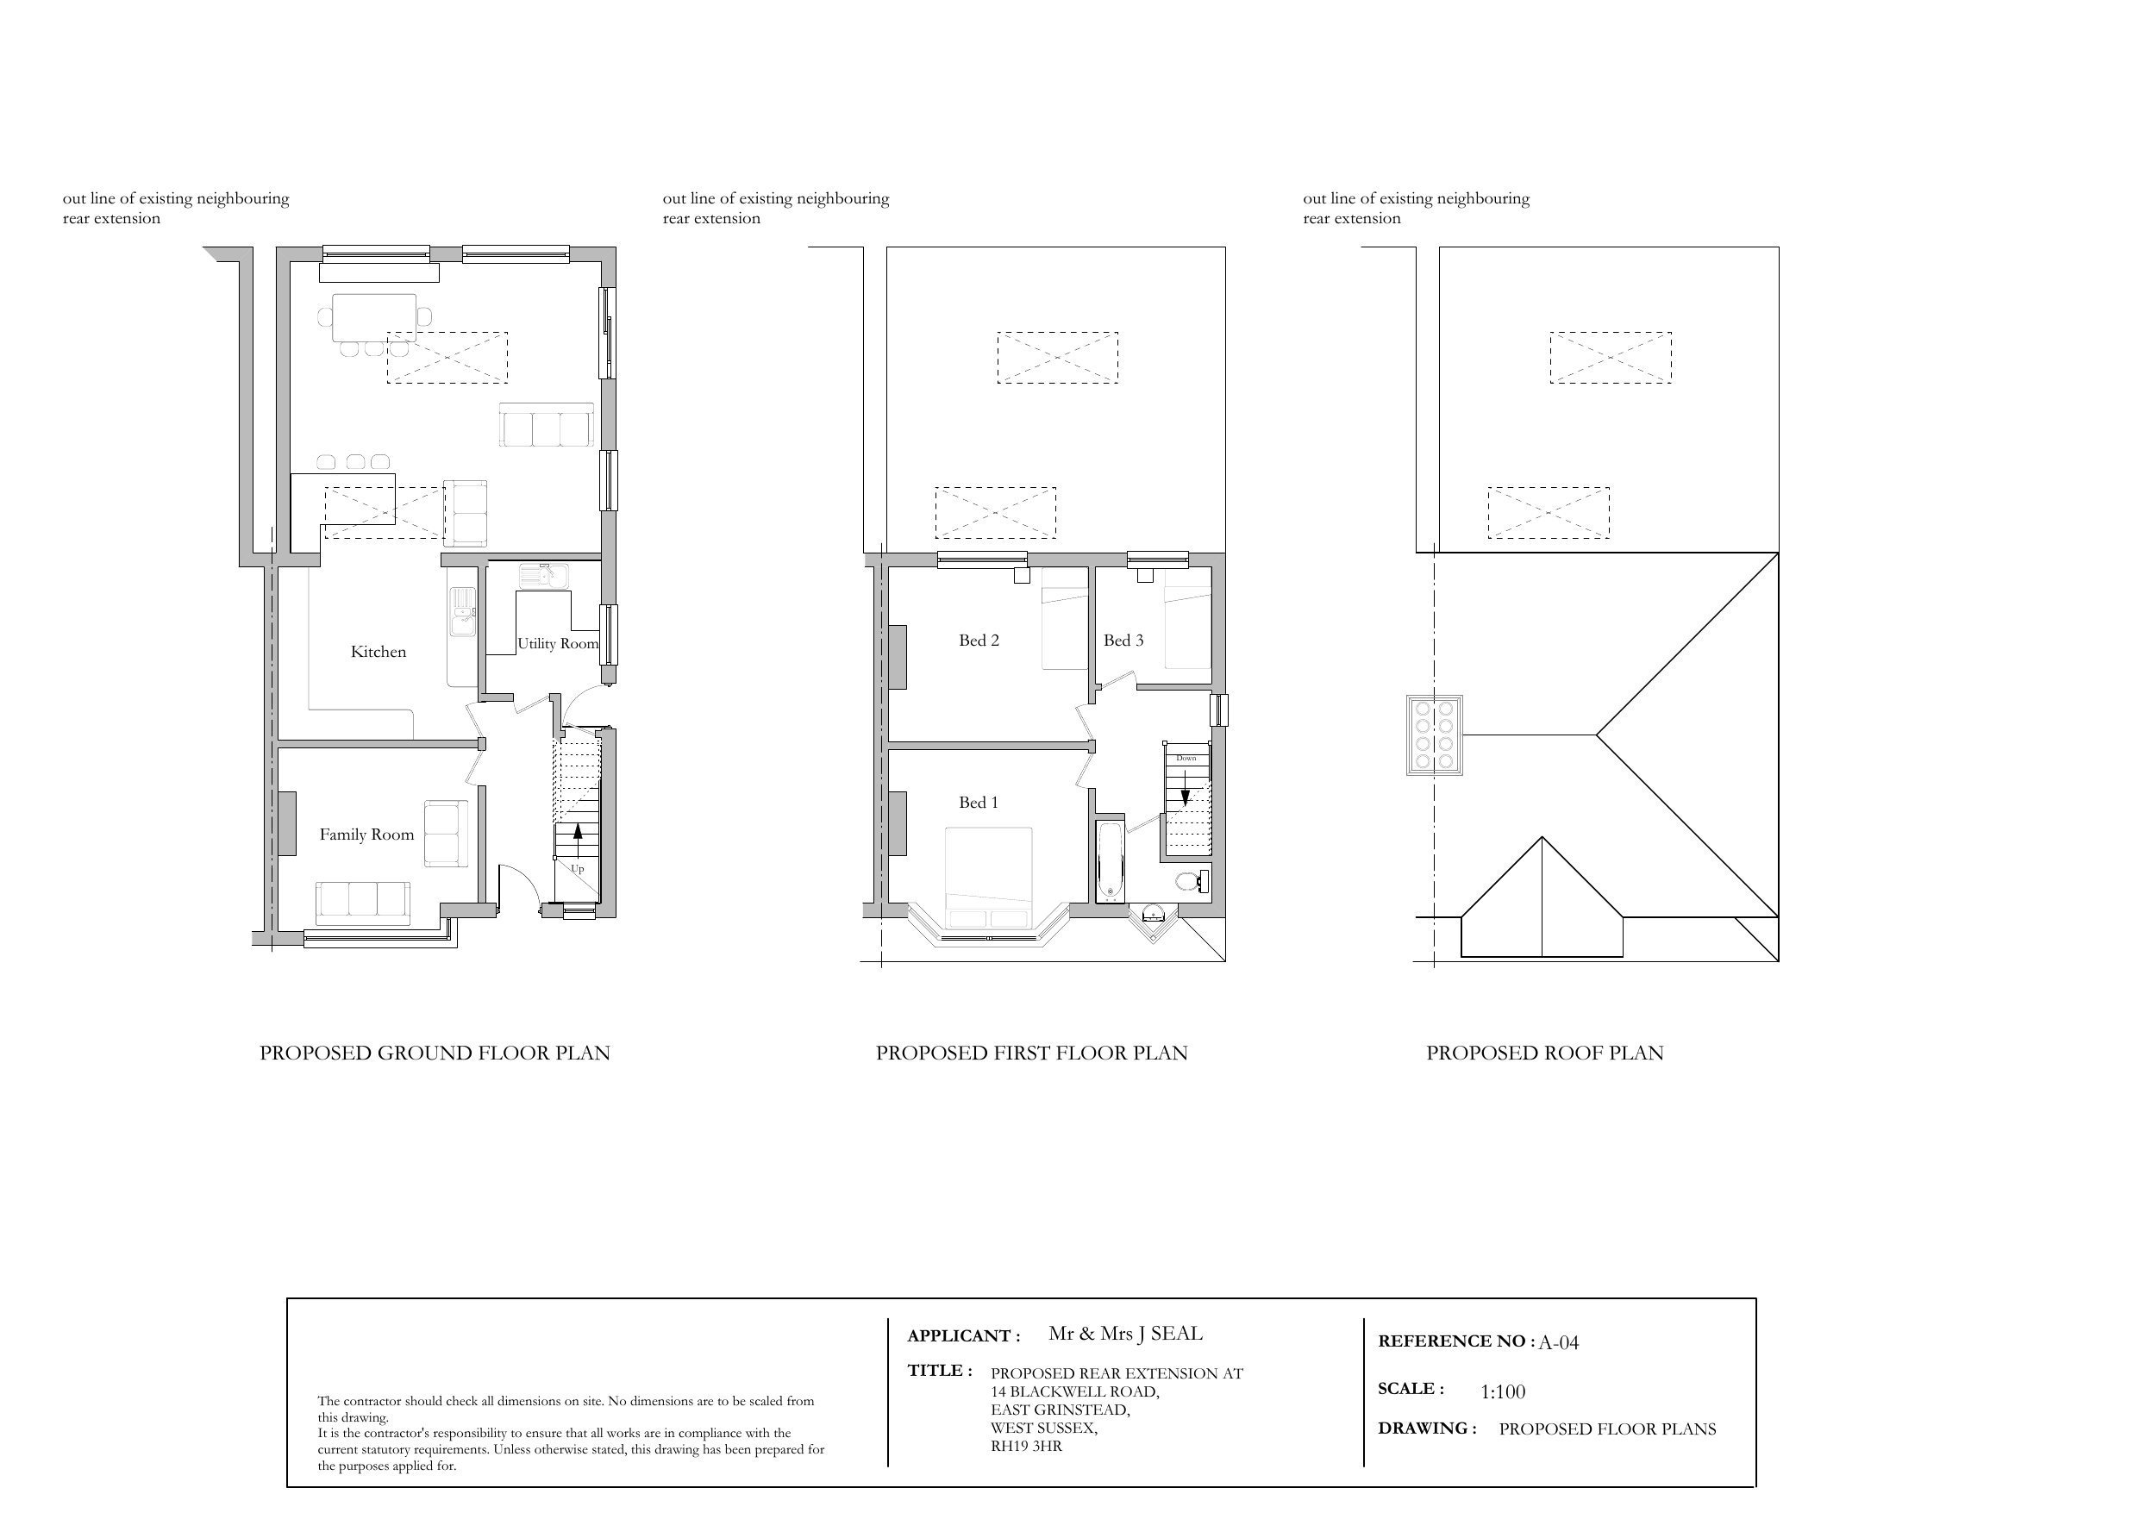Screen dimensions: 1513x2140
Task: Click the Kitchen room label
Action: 379,652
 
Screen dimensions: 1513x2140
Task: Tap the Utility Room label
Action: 557,643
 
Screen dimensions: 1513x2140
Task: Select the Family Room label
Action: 366,835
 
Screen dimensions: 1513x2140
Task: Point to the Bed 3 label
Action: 1123,641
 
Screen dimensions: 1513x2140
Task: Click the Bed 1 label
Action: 979,803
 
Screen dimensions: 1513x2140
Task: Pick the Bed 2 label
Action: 979,641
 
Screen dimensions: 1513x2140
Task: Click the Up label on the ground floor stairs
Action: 577,869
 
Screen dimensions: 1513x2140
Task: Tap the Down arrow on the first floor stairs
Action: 1186,797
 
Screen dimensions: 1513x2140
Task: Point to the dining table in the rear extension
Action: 373,317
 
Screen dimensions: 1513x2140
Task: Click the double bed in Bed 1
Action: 988,876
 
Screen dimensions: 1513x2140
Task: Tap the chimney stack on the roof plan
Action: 1435,735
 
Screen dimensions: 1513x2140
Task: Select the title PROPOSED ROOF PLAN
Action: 1544,1053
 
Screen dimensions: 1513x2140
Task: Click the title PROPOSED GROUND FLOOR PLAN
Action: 435,1053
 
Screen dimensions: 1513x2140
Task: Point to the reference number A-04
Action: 1558,1342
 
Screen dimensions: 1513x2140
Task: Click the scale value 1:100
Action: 1503,1391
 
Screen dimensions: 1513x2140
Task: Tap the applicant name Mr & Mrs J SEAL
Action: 1125,1333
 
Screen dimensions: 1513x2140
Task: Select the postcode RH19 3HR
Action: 1026,1446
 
